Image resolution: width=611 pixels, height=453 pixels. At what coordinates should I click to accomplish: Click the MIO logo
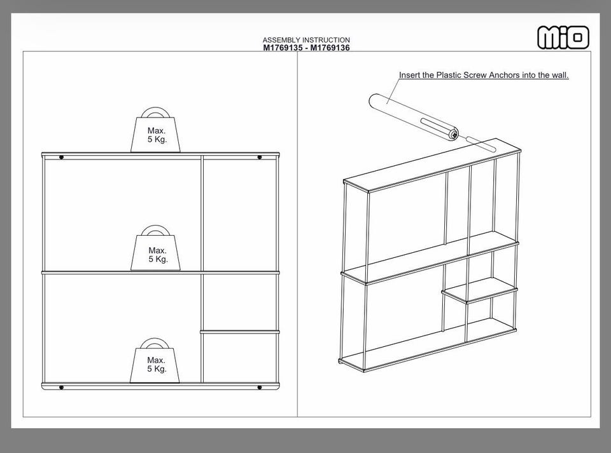pos(563,37)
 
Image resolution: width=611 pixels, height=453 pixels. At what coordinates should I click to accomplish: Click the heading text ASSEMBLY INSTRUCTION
pos(306,40)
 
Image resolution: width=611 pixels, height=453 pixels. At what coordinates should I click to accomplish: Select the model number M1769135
pos(283,48)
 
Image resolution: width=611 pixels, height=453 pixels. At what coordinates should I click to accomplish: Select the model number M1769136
pos(330,48)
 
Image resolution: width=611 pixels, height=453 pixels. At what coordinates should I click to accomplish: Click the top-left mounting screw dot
pos(61,158)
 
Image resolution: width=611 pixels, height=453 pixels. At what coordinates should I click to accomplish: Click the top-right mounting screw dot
pos(260,158)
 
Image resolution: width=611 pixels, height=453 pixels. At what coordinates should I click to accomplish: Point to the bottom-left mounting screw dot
pos(61,388)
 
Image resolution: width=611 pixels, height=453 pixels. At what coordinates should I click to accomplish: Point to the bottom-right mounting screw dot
pos(260,388)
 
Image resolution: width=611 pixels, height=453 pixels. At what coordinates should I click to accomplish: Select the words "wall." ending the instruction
pos(560,75)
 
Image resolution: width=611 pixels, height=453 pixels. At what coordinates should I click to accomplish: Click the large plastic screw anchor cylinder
pos(414,117)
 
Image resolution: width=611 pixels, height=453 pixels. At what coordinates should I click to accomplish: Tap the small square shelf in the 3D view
pos(480,289)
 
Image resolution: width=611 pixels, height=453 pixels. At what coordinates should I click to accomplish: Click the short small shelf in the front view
pos(240,332)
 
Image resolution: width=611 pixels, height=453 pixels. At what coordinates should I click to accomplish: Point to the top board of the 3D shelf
pos(432,165)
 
